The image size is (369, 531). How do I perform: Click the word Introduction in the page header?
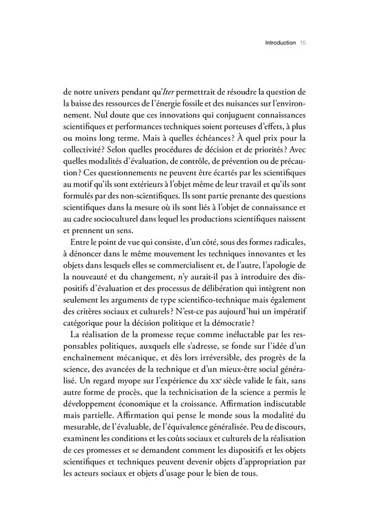point(280,44)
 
